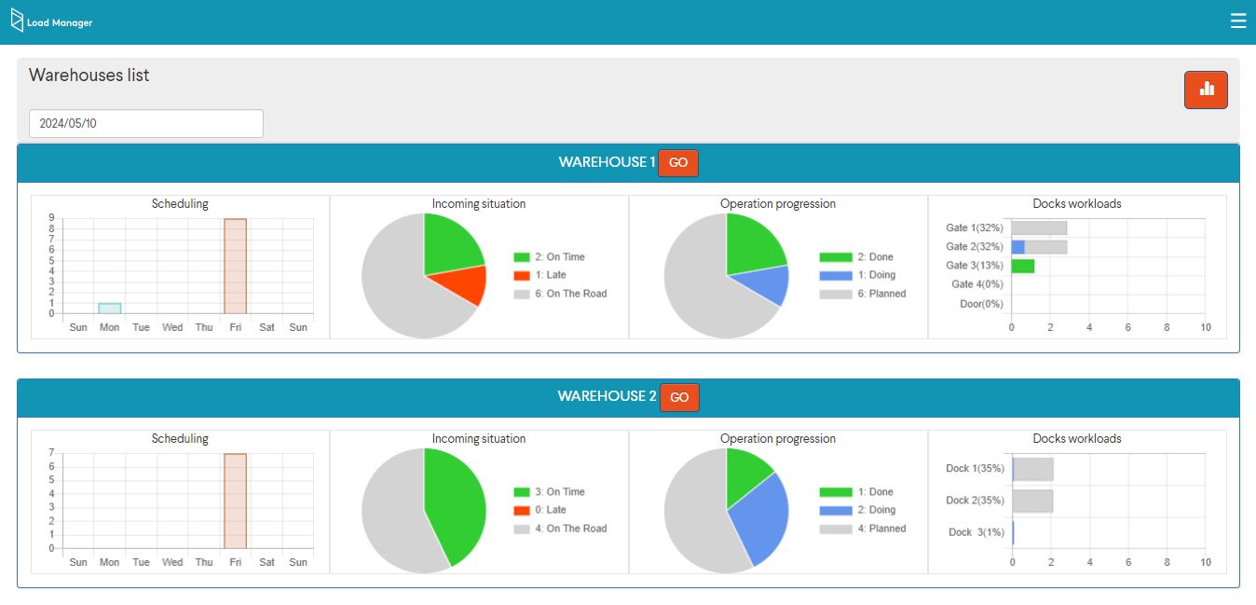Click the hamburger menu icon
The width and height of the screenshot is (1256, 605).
pos(1237,21)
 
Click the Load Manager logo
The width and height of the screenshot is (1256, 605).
pos(51,21)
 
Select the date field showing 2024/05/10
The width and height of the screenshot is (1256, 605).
pos(146,123)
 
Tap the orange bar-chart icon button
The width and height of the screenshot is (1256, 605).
pos(1206,89)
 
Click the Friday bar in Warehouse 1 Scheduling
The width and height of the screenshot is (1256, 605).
pos(235,267)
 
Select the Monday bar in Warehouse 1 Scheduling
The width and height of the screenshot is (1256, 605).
pos(110,309)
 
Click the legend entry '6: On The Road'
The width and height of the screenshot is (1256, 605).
pos(560,294)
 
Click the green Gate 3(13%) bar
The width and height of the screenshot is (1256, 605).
pos(1023,266)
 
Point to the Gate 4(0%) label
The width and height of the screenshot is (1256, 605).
pos(976,284)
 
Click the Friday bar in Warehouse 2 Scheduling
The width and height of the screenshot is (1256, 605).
pos(235,502)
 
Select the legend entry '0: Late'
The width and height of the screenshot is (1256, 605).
pos(539,510)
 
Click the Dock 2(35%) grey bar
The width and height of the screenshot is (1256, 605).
pos(1032,501)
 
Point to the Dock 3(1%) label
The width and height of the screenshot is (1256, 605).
pos(976,532)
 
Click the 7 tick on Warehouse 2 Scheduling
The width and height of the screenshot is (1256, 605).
pos(51,453)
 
